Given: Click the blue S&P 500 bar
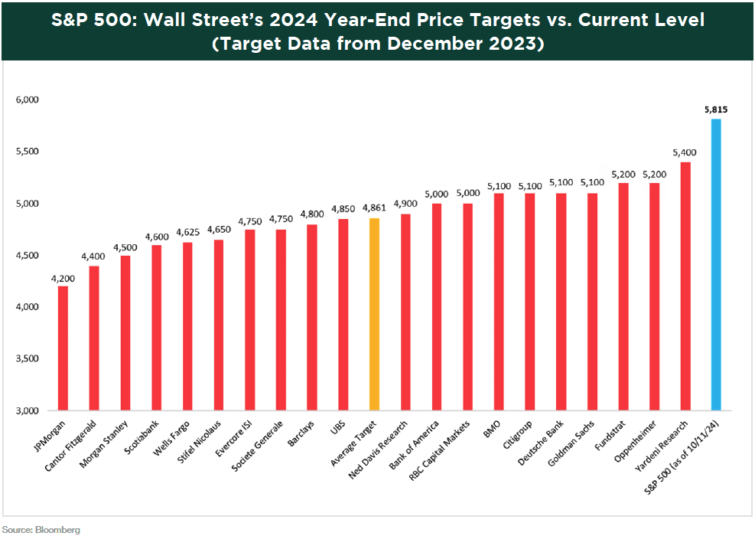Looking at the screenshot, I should click(716, 264).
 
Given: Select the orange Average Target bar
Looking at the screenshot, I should click(374, 314).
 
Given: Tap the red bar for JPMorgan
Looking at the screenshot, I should click(63, 348).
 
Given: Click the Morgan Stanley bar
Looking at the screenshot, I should click(125, 332).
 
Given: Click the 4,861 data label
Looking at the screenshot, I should click(374, 209).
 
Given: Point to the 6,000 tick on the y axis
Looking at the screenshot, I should click(27, 100).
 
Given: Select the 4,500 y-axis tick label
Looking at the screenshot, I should click(27, 255).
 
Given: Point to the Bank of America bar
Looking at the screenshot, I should click(436, 306).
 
